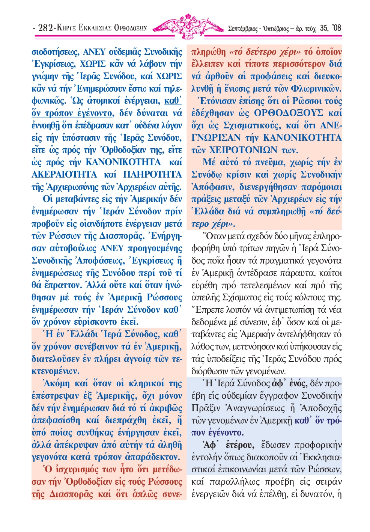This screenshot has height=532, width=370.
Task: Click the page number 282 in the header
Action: point(45,27)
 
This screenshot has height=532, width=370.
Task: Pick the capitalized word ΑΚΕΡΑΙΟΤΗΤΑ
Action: point(64,175)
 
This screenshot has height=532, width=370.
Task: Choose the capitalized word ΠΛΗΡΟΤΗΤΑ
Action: point(152,175)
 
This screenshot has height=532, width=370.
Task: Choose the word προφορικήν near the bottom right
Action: point(318,445)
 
